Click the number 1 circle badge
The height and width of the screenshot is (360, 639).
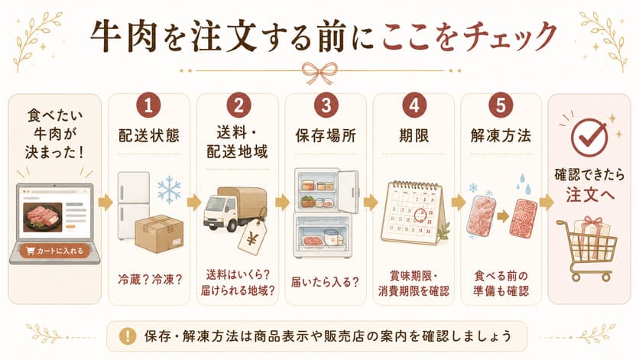148,105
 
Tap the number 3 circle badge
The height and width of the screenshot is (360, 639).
326,105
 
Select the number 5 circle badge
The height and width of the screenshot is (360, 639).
501,105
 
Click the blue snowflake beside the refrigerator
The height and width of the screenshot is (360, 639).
169,190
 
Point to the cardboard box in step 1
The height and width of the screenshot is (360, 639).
159,233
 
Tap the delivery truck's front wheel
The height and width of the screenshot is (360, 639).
232,225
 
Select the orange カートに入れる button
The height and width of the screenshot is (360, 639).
54,251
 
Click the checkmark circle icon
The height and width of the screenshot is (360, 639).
589,137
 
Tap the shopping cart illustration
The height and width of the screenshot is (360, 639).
587,248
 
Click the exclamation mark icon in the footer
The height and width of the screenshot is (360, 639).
128,336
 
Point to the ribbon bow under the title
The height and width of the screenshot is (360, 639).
319,72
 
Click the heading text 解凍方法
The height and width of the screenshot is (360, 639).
501,136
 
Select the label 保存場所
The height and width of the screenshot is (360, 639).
326,136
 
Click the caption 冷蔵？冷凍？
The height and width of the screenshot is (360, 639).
150,280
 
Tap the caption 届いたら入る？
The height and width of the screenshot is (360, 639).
325,282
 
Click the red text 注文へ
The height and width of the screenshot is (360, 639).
589,194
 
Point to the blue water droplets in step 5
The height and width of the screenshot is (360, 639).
525,184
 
